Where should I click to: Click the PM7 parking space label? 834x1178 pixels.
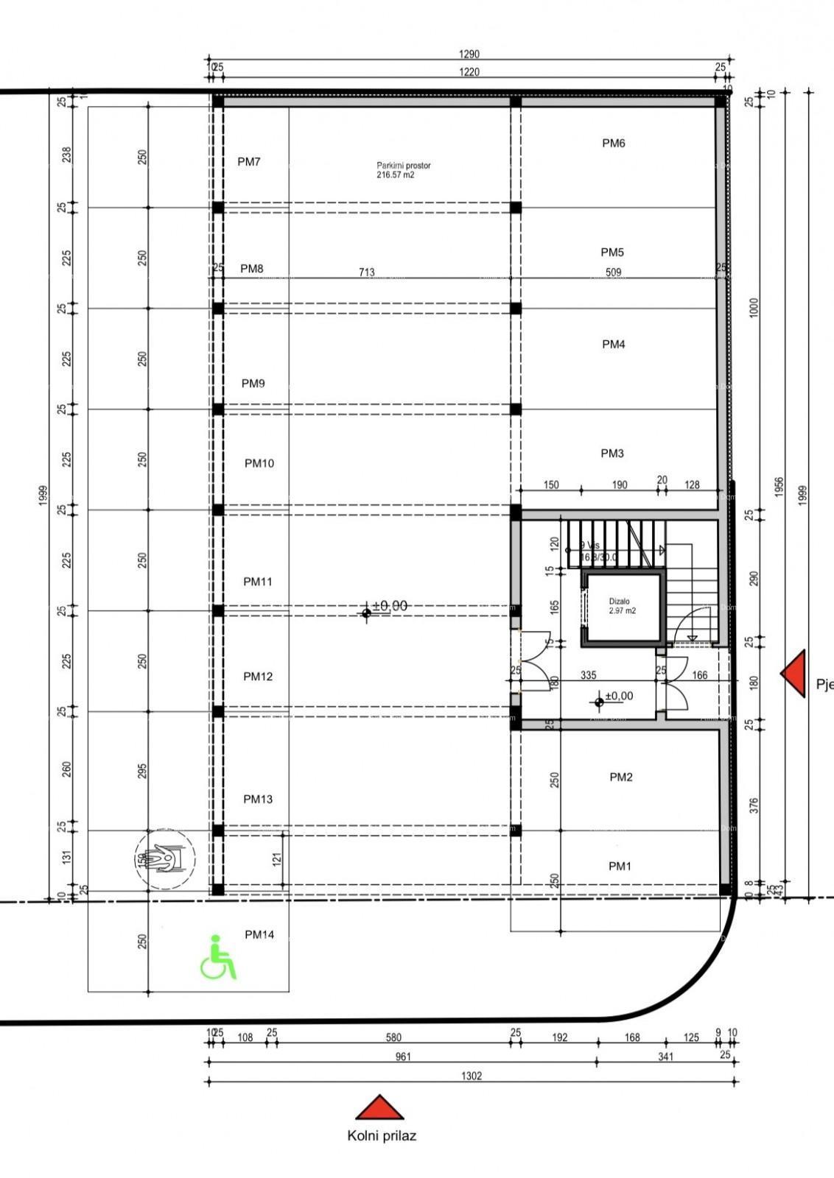249,162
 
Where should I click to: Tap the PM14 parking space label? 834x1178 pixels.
259,935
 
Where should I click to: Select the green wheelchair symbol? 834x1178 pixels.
218,957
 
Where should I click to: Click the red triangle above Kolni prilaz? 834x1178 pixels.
379,1108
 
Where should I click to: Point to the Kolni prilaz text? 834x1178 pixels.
382,1136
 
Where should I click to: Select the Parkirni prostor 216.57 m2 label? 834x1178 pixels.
403,170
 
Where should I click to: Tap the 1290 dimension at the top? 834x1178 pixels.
469,54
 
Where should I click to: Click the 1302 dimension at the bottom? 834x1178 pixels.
472,1076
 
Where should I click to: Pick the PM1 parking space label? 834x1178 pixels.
620,867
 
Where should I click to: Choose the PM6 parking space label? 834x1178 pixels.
614,144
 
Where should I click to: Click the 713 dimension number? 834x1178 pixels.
367,272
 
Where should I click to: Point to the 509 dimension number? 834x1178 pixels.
614,272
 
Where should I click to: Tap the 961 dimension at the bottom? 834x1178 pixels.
403,1057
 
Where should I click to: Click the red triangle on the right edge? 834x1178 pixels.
793,673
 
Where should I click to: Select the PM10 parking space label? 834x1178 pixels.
259,463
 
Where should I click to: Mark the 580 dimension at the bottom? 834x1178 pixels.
394,1037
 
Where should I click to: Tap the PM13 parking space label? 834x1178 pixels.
258,799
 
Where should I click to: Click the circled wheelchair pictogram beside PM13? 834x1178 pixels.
166,859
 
